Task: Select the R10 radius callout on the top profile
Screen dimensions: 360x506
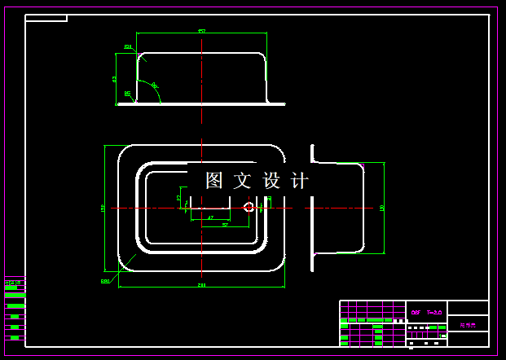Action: [128, 47]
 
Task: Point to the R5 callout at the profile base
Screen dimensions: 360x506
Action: [127, 94]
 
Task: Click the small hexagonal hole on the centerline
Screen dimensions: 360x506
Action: [249, 207]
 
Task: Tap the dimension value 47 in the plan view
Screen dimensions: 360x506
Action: [210, 217]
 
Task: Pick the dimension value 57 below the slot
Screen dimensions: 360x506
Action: [225, 225]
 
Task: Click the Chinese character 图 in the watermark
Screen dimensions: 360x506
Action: [214, 180]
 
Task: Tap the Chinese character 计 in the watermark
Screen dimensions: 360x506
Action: [300, 180]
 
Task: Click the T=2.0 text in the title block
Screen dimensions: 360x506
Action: [433, 311]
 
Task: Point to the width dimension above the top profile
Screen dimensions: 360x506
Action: [201, 31]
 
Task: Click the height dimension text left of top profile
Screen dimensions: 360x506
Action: [115, 79]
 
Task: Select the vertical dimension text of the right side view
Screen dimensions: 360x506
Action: [382, 208]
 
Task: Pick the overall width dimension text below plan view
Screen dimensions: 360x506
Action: [201, 284]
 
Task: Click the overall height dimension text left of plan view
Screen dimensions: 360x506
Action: [103, 208]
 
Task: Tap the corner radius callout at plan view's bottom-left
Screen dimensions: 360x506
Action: [105, 281]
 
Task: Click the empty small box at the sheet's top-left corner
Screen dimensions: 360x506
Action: [46, 18]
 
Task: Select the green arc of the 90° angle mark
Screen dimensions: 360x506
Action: [158, 94]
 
